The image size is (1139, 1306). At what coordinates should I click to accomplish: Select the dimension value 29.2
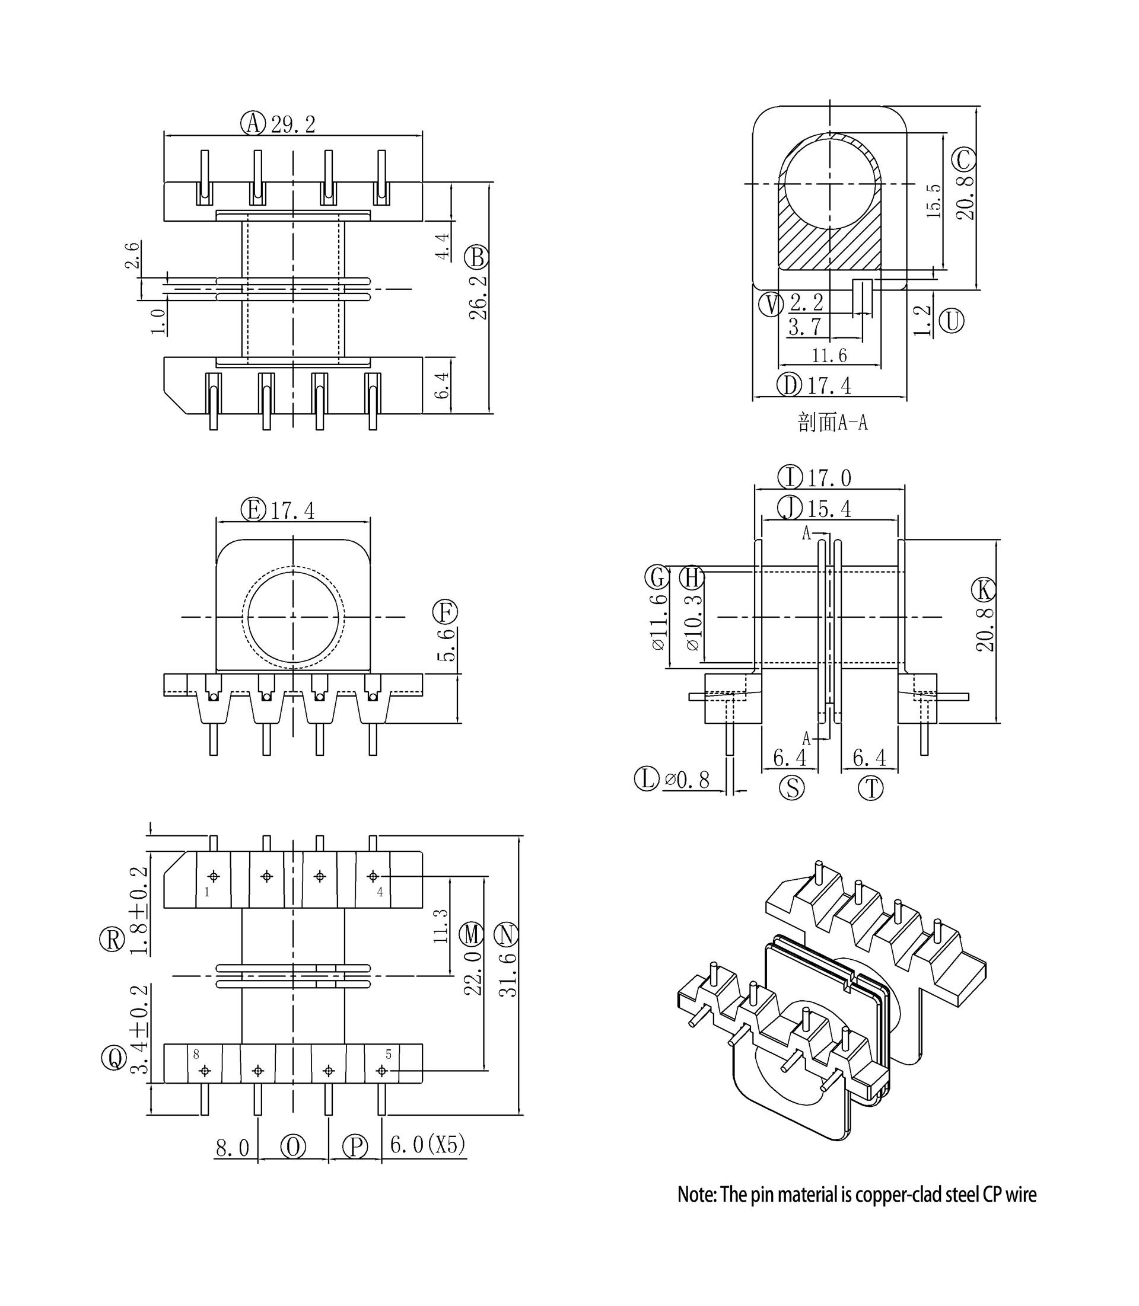point(293,124)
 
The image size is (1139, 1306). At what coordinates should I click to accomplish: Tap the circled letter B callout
point(477,258)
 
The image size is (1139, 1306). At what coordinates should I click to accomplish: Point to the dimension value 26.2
point(478,296)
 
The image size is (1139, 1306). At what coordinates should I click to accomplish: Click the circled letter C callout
point(963,159)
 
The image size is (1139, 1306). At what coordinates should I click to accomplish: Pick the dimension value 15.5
point(933,202)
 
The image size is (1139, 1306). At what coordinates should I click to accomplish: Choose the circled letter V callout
point(772,304)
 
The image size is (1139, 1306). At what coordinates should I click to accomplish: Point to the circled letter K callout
point(984,590)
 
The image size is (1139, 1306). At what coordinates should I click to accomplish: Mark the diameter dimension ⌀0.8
point(686,780)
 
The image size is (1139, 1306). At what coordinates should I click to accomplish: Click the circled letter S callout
point(792,788)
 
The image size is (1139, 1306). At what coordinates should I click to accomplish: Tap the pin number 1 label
point(206,892)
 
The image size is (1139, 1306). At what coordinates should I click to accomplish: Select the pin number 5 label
point(389,1055)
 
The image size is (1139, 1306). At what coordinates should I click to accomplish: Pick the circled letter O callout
point(293,1147)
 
